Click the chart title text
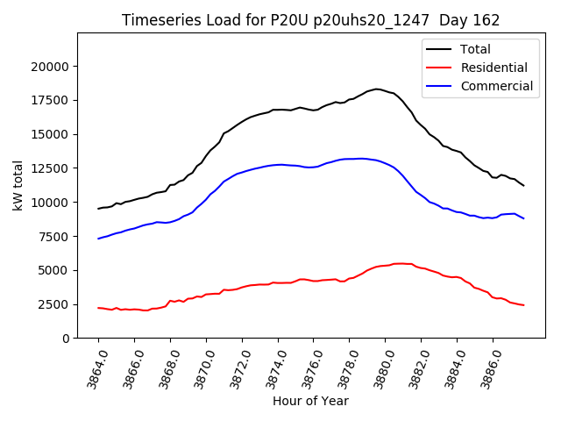click(x=310, y=20)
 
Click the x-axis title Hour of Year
click(x=310, y=401)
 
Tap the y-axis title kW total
click(x=18, y=186)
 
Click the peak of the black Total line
click(x=377, y=89)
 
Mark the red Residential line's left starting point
click(x=98, y=308)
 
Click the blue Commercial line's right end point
click(x=523, y=218)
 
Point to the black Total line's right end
click(x=523, y=185)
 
